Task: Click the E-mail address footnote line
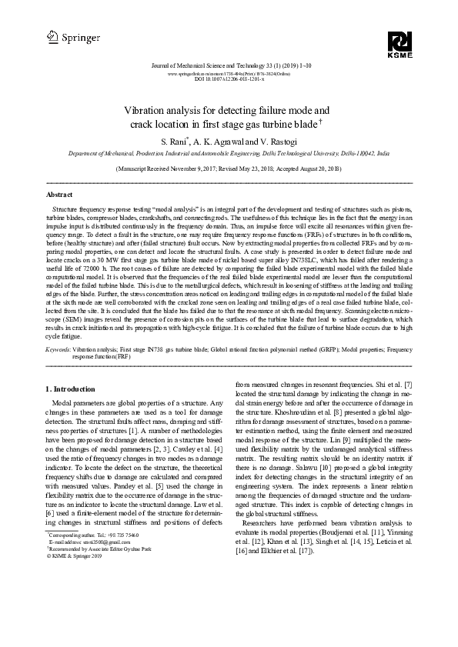pyautogui.click(x=82, y=605)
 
